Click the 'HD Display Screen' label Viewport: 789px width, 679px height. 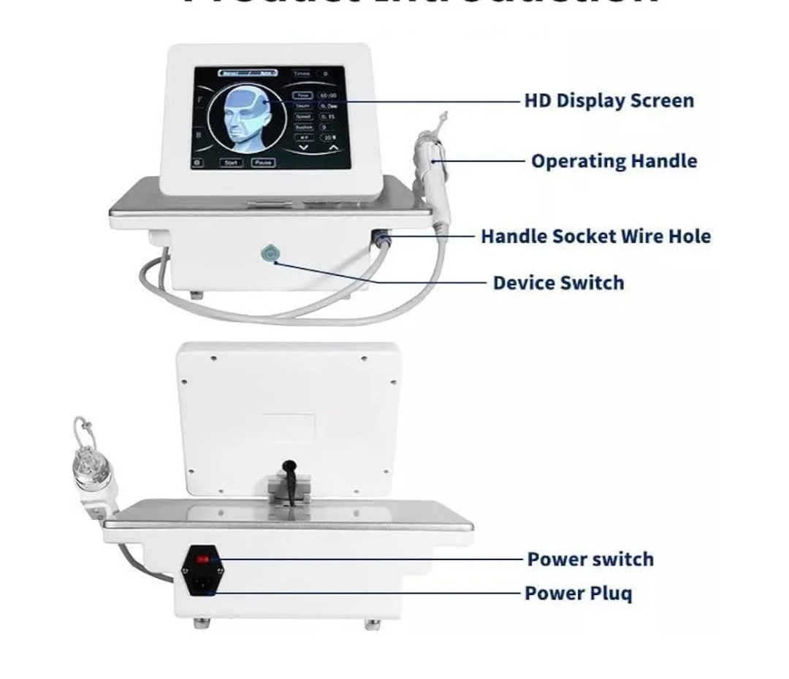(609, 101)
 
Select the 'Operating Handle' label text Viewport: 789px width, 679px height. (614, 161)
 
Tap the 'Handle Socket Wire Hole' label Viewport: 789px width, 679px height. (595, 237)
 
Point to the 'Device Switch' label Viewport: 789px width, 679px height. (558, 283)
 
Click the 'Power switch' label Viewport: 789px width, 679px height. (590, 559)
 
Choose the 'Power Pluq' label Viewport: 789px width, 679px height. (579, 593)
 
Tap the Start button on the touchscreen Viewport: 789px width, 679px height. (232, 163)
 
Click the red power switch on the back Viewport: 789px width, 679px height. (205, 559)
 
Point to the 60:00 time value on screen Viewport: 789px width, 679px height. (327, 96)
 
